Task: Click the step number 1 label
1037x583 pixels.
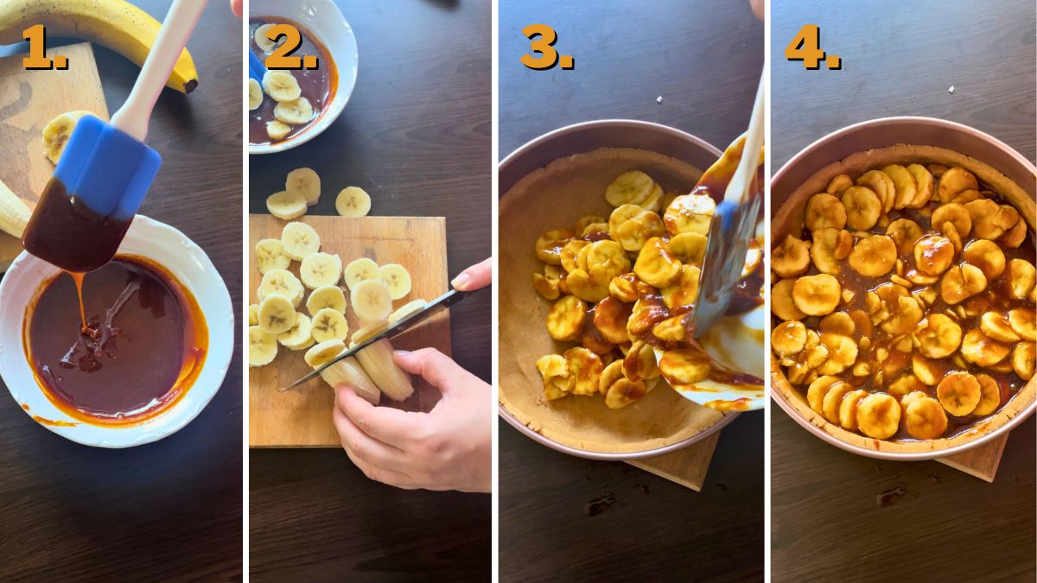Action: tap(43, 48)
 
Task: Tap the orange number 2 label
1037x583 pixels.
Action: tap(291, 48)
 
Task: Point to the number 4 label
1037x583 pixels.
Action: tap(812, 48)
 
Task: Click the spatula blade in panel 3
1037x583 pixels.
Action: tap(722, 259)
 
